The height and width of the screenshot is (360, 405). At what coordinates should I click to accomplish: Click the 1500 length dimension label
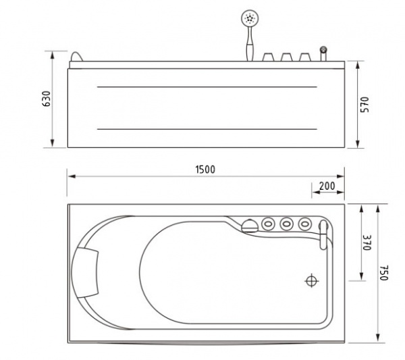pyautogui.click(x=205, y=170)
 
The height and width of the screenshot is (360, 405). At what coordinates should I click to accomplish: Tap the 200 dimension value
pyautogui.click(x=327, y=186)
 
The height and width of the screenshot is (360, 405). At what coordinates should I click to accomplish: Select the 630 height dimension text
pyautogui.click(x=47, y=99)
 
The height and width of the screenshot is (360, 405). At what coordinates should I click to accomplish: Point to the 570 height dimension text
pyautogui.click(x=364, y=105)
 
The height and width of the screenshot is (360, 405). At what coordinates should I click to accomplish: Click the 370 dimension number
pyautogui.click(x=367, y=242)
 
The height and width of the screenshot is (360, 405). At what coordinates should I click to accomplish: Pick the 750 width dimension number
pyautogui.click(x=383, y=273)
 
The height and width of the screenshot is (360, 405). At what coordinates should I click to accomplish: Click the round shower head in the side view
pyautogui.click(x=249, y=18)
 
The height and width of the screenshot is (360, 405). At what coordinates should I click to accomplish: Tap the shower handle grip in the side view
pyautogui.click(x=250, y=52)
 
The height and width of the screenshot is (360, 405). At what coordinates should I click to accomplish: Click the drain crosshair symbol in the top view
pyautogui.click(x=312, y=280)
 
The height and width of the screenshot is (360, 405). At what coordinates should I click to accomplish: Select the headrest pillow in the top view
pyautogui.click(x=85, y=272)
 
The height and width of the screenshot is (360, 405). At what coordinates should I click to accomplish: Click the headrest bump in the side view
pyautogui.click(x=77, y=57)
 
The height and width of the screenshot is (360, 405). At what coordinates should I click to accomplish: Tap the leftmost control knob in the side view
pyautogui.click(x=268, y=57)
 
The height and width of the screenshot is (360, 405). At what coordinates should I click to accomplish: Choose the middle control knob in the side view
pyautogui.click(x=286, y=57)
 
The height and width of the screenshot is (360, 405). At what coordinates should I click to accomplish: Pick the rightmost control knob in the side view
pyautogui.click(x=305, y=57)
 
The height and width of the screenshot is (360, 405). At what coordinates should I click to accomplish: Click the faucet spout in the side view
pyautogui.click(x=323, y=54)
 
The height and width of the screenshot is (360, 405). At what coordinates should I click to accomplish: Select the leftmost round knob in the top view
pyautogui.click(x=269, y=224)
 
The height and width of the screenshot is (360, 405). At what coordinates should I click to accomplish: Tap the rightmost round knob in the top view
pyautogui.click(x=305, y=224)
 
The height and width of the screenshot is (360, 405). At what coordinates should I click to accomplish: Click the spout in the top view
pyautogui.click(x=323, y=234)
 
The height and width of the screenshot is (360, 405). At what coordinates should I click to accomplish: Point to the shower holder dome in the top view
pyautogui.click(x=250, y=226)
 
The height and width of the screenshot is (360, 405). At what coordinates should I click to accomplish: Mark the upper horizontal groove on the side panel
pyautogui.click(x=207, y=87)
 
